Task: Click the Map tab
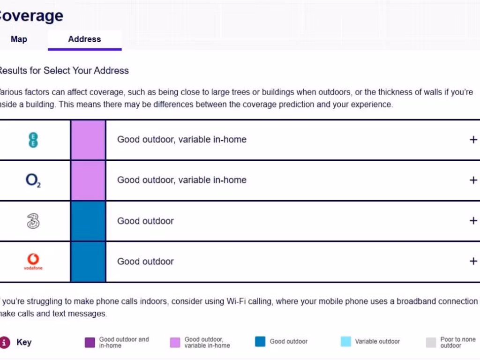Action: (x=19, y=39)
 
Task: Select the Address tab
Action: (x=84, y=39)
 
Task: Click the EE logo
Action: (x=33, y=140)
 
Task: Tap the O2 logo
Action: (x=33, y=180)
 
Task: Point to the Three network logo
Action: (x=33, y=221)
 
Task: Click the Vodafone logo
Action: (x=33, y=261)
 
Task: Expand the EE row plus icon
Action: (x=473, y=140)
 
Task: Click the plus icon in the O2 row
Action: (x=473, y=180)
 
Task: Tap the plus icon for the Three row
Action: (x=473, y=221)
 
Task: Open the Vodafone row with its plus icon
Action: (x=473, y=261)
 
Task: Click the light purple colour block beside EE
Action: (x=88, y=140)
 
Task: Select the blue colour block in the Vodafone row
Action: (x=88, y=262)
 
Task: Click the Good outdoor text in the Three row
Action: (x=145, y=221)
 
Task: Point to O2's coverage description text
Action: (x=181, y=180)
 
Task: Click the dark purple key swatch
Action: (x=90, y=343)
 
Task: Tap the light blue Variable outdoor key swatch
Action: (x=345, y=342)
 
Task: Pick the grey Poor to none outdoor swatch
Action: (x=431, y=343)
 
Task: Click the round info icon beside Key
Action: (x=5, y=342)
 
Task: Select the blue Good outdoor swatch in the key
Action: (x=260, y=342)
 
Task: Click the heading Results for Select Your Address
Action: (x=63, y=71)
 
